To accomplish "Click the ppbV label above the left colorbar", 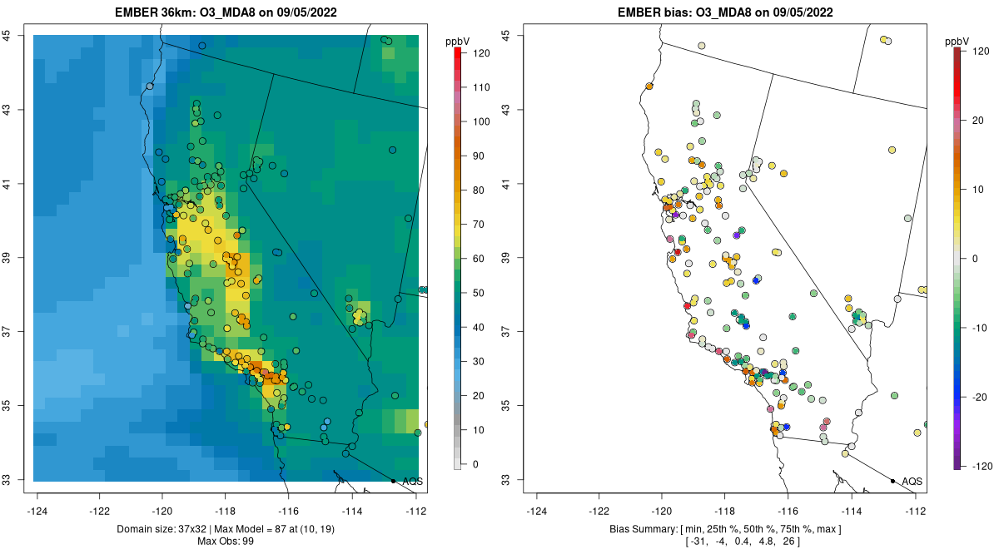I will click(x=458, y=41).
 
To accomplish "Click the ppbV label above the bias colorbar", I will click(x=957, y=41).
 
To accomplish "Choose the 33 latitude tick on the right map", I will click(x=506, y=480).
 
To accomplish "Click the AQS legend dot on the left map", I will click(x=393, y=481).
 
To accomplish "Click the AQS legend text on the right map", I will click(x=912, y=481).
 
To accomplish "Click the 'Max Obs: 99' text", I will click(x=226, y=542).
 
